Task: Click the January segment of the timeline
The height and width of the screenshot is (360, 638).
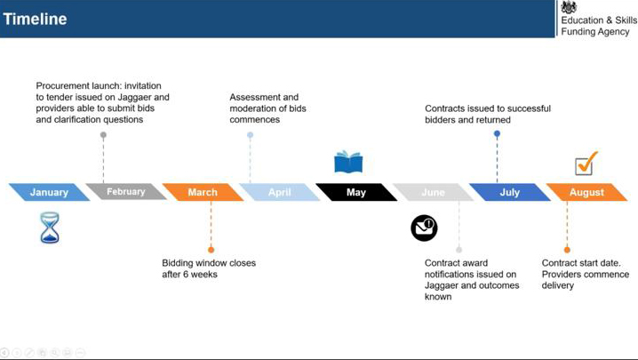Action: click(x=49, y=192)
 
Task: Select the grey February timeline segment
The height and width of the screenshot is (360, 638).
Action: click(x=126, y=191)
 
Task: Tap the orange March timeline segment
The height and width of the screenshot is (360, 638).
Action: click(x=203, y=192)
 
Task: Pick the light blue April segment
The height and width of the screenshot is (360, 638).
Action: click(x=280, y=192)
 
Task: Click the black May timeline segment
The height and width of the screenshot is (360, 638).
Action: click(x=356, y=192)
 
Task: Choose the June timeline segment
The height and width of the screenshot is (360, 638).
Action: click(x=433, y=192)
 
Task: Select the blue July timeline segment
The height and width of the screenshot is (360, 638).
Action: click(x=510, y=192)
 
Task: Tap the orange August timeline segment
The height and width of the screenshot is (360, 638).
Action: click(x=586, y=192)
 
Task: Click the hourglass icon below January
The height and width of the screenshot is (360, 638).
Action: click(x=50, y=228)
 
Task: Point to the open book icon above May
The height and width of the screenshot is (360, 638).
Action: click(x=348, y=162)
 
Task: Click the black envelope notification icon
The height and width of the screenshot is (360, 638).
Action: click(x=424, y=228)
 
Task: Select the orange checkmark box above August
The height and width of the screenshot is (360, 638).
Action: click(x=586, y=164)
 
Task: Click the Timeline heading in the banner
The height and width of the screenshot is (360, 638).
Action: click(x=35, y=20)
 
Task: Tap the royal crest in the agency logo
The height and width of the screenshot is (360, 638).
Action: click(x=569, y=7)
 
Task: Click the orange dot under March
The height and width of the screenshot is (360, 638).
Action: click(x=211, y=250)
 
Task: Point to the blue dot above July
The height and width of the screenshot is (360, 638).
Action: click(x=497, y=133)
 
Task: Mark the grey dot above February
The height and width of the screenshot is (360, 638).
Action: click(x=103, y=135)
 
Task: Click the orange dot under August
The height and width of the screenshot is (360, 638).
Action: click(x=567, y=250)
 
